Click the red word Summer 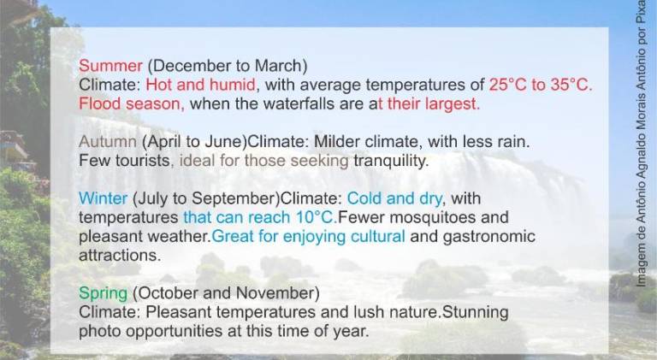click(x=110, y=66)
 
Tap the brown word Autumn click(x=108, y=141)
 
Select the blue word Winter click(x=103, y=198)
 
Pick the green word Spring click(x=103, y=293)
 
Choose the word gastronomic click(x=489, y=237)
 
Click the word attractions click(x=120, y=256)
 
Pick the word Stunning click(x=476, y=312)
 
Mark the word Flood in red click(x=100, y=103)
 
